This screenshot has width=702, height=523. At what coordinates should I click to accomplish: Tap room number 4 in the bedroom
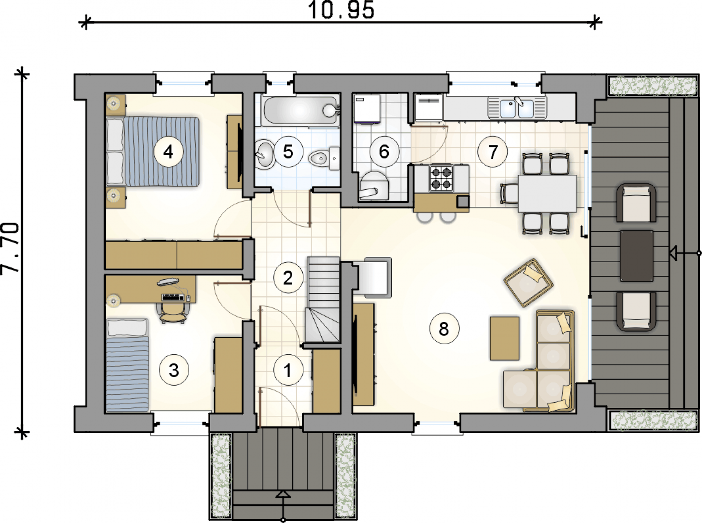[x=168, y=152]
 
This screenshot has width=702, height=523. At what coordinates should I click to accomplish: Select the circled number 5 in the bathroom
[x=288, y=152]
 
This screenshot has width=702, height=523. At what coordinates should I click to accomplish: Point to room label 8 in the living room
[x=444, y=329]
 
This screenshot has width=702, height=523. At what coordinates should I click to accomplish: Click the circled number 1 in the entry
[x=288, y=370]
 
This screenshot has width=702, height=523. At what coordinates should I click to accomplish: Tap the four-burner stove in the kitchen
[x=441, y=179]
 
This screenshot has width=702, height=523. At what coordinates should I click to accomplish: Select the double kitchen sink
[x=517, y=108]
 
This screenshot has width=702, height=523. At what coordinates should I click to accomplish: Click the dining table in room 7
[x=547, y=194]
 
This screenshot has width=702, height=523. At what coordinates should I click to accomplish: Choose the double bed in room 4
[x=153, y=151]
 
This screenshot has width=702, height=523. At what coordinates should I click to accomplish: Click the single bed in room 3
[x=127, y=364]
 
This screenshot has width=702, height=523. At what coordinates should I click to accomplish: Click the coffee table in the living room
[x=505, y=338]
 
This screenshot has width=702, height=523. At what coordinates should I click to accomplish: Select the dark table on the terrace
[x=637, y=256]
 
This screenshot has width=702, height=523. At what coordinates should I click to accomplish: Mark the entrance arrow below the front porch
[x=283, y=506]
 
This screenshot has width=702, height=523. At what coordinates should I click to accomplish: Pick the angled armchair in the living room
[x=528, y=282]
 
